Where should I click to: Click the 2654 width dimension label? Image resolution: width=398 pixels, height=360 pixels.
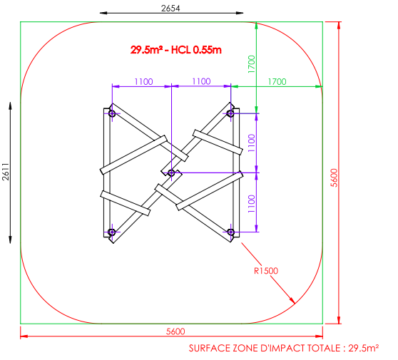170,9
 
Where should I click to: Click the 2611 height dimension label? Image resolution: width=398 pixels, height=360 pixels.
6,172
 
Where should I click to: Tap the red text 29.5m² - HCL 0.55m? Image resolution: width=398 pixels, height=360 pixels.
176,50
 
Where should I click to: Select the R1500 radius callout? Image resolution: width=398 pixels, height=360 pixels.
266,271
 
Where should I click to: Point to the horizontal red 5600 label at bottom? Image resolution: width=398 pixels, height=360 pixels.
175,331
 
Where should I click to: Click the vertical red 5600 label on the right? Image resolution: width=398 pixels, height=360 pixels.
335,178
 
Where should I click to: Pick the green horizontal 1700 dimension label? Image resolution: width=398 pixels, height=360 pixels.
277,82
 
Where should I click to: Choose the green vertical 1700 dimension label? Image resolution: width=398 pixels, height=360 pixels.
251,64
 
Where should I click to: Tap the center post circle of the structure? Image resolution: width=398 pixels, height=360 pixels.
171,173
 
